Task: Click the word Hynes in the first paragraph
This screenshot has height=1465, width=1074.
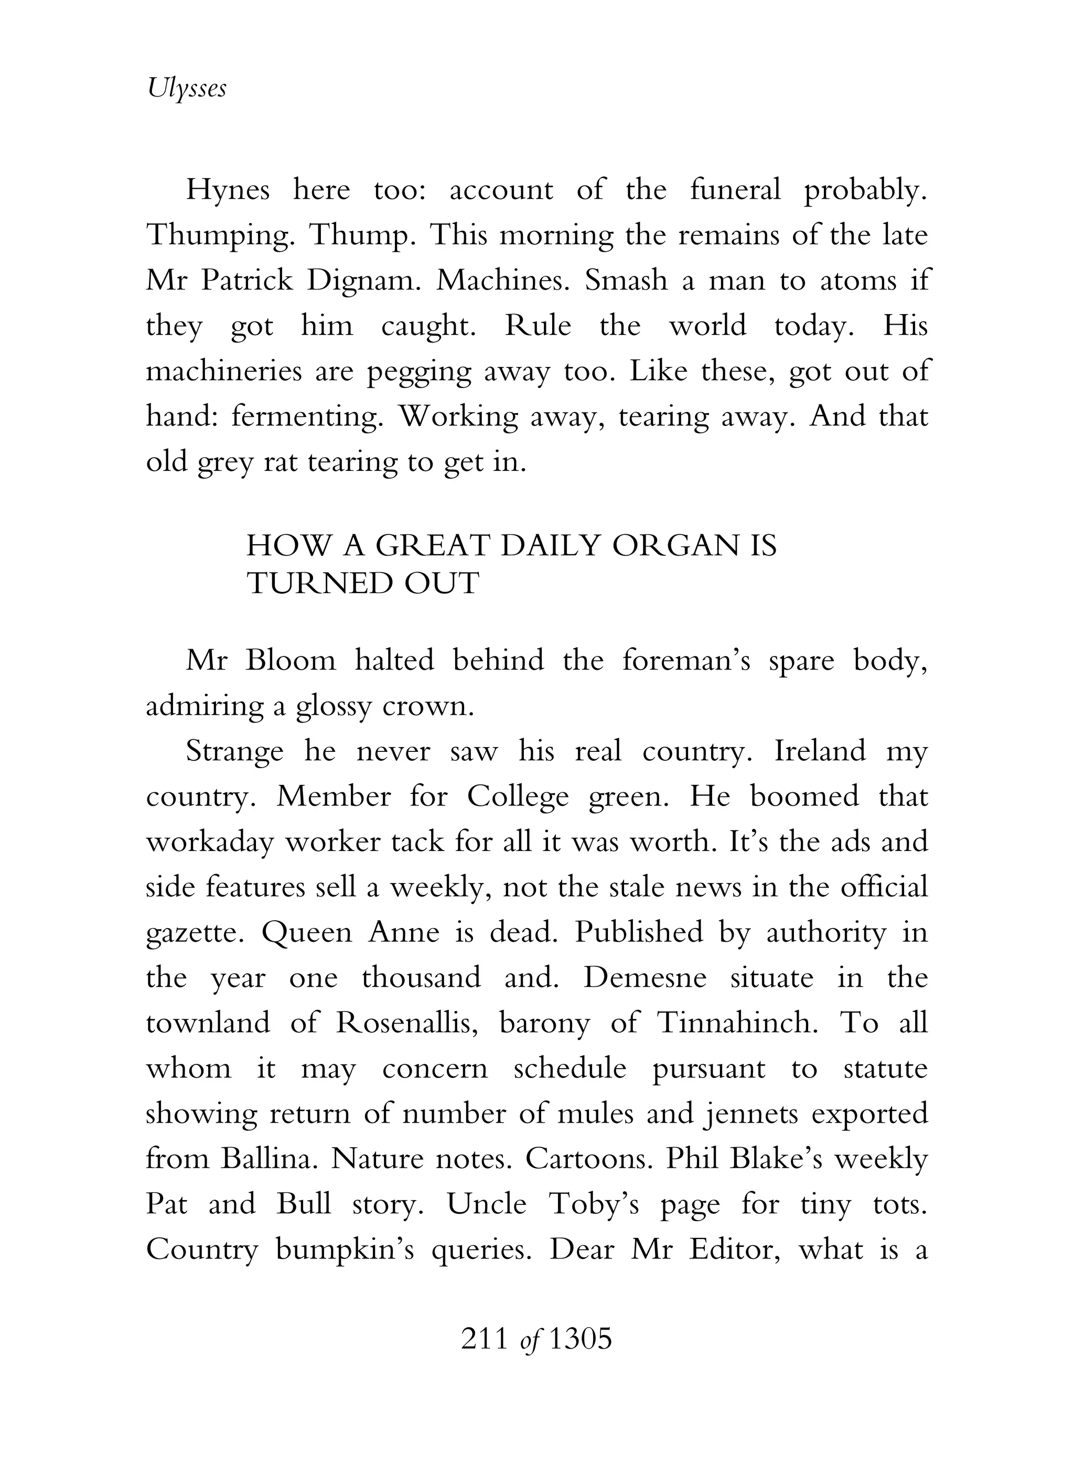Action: tap(228, 190)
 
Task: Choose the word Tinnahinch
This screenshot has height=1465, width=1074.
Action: tap(737, 1023)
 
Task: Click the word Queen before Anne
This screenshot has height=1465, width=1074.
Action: tap(304, 933)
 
